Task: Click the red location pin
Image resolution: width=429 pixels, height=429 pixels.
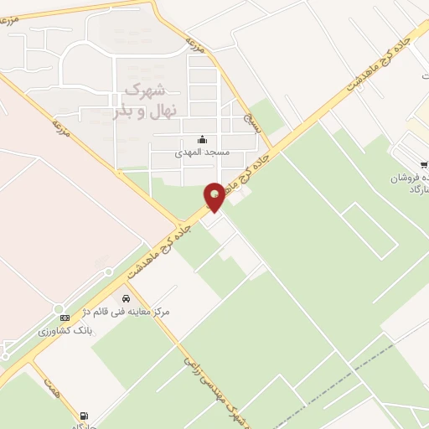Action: pos(215,195)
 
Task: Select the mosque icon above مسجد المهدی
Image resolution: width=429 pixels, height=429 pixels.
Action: pos(201,140)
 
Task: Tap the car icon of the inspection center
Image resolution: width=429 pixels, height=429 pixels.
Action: pos(126,297)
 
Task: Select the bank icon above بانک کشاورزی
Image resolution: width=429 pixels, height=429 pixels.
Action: pos(64,318)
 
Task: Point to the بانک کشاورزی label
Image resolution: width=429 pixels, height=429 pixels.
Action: pos(64,332)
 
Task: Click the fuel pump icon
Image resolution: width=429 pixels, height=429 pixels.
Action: pos(84,415)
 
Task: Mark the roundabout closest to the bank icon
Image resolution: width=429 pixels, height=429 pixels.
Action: pos(108,271)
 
